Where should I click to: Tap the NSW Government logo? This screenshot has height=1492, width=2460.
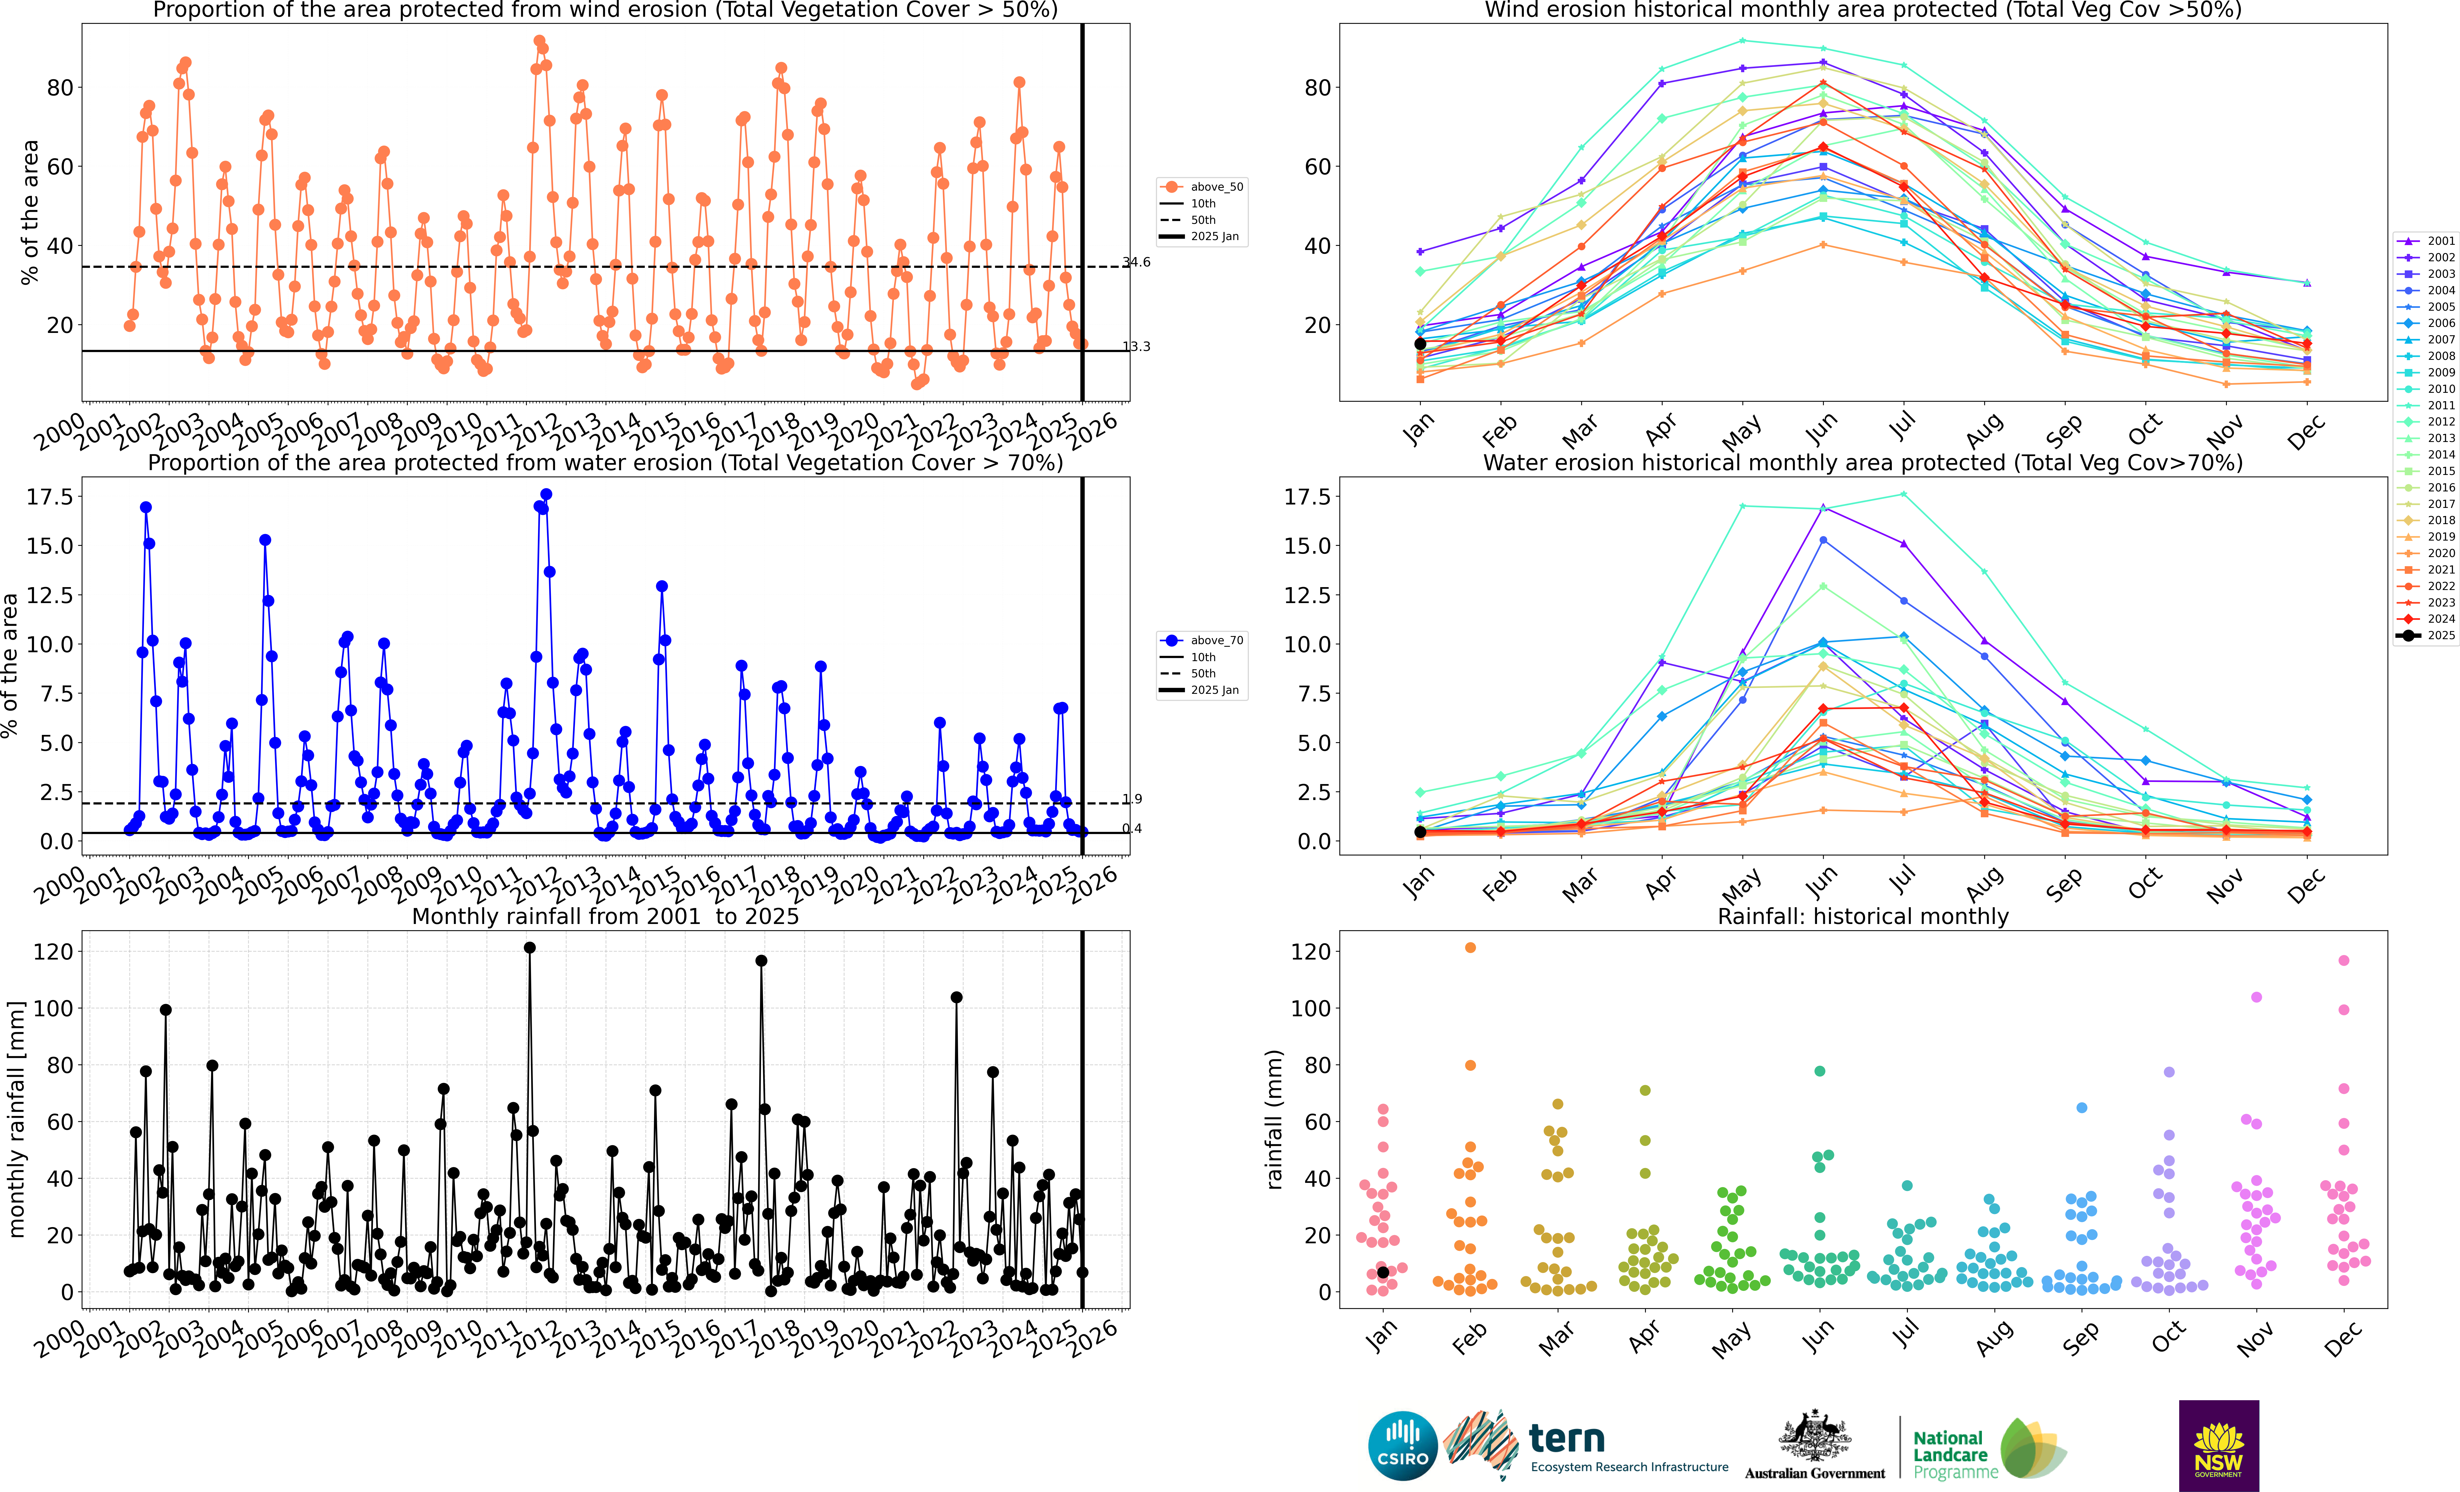(2218, 1445)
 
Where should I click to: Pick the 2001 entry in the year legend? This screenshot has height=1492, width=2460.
(2426, 241)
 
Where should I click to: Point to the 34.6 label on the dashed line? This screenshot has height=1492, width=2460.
(1136, 263)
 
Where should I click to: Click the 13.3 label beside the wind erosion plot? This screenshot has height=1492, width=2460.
(1136, 346)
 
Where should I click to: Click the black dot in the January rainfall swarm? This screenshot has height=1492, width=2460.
(1383, 1272)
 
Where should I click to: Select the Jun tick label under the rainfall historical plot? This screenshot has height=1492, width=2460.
(1819, 1334)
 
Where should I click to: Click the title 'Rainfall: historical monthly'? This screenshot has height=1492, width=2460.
(1863, 916)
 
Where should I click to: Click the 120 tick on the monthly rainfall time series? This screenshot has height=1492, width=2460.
(53, 952)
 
